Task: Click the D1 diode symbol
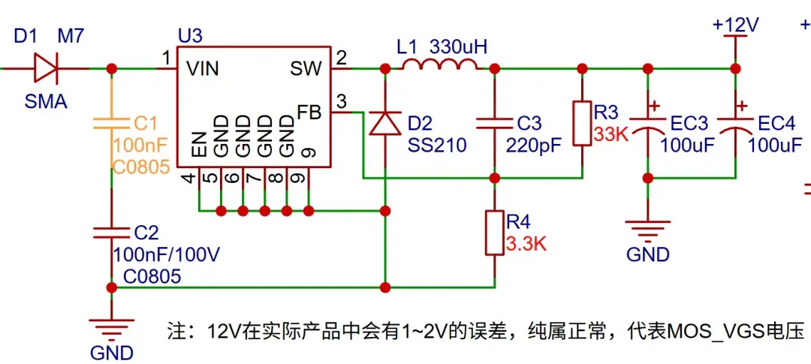[x=47, y=68]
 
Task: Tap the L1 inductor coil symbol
[x=439, y=67]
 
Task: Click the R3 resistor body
[x=581, y=122]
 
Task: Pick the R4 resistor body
[x=494, y=233]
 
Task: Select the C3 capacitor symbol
[x=494, y=123]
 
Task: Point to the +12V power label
[x=735, y=25]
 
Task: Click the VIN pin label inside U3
[x=203, y=69]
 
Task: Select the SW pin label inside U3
[x=306, y=69]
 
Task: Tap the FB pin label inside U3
[x=309, y=113]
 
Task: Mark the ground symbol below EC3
[x=647, y=227]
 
